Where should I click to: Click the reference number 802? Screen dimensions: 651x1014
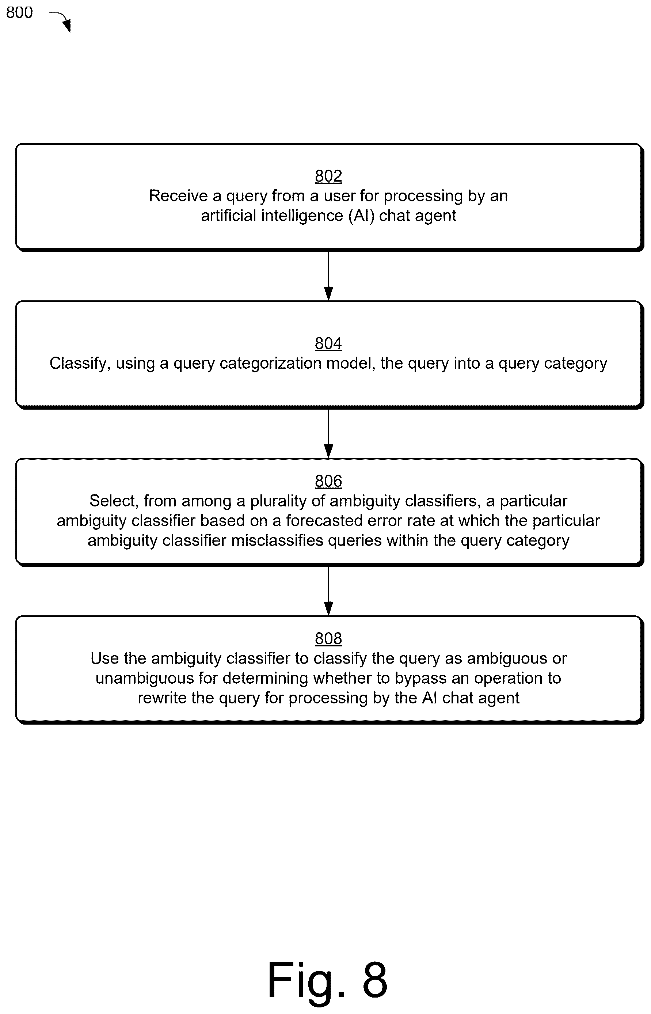click(x=328, y=176)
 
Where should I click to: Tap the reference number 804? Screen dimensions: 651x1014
click(x=328, y=343)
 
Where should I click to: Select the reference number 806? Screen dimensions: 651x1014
click(x=328, y=481)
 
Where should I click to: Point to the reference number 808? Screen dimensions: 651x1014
click(x=328, y=638)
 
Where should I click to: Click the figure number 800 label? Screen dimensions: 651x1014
click(x=19, y=13)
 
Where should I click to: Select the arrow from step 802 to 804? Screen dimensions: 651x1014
click(x=328, y=276)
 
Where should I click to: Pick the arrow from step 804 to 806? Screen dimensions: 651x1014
click(x=328, y=433)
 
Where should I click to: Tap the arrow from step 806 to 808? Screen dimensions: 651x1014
click(x=328, y=591)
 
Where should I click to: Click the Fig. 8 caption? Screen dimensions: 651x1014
click(x=328, y=980)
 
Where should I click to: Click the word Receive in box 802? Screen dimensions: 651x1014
click(x=179, y=196)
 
